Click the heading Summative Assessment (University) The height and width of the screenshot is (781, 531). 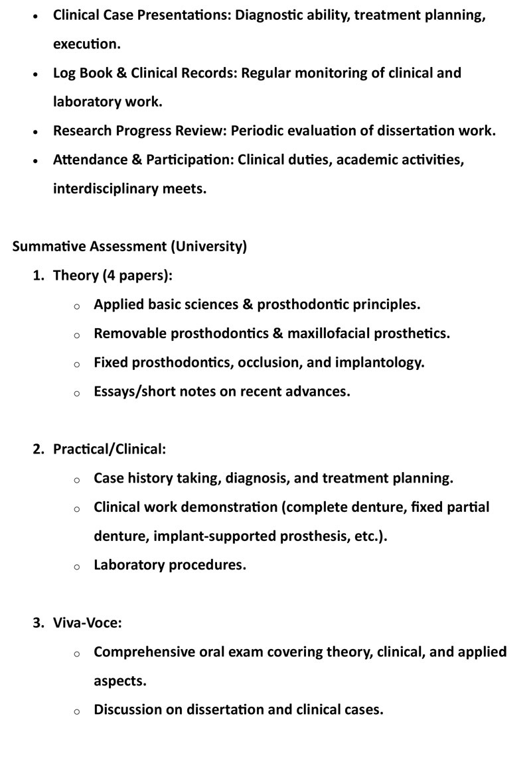129,247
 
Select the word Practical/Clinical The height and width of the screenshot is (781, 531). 108,449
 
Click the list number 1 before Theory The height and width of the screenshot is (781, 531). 38,275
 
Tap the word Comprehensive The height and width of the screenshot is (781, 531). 144,652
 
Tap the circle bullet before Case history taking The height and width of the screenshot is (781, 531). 77,479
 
